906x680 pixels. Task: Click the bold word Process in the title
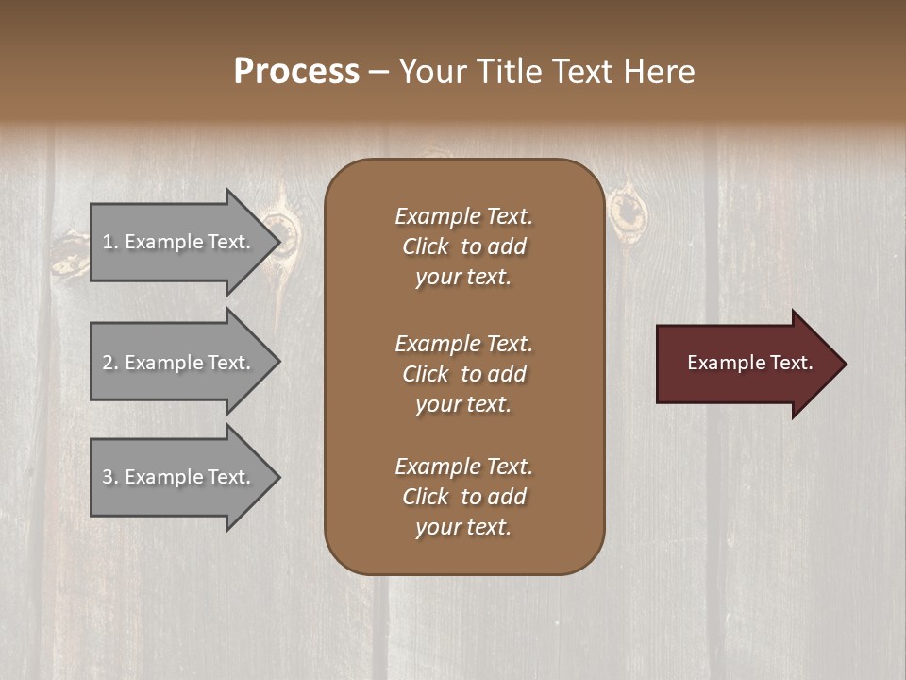pos(296,72)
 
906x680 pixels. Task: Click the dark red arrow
pos(746,364)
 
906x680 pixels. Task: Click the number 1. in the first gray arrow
pos(110,242)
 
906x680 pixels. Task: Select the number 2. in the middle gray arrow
pos(110,363)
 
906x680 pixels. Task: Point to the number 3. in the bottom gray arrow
pos(110,477)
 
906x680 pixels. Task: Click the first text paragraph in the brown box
pos(463,246)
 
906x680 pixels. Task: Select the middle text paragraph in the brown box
pos(463,374)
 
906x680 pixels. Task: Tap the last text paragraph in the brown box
pos(463,497)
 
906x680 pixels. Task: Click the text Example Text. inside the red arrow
pos(749,363)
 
